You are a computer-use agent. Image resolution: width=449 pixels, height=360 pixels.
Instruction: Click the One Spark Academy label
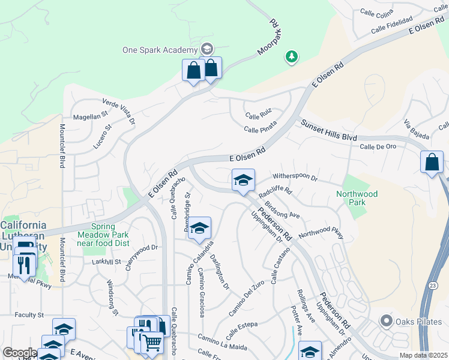tap(160, 50)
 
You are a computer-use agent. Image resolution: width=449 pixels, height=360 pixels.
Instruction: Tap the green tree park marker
tap(292, 57)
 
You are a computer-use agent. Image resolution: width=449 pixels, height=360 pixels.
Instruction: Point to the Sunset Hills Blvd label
tap(329, 130)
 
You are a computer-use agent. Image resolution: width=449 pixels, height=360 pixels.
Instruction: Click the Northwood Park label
tap(357, 198)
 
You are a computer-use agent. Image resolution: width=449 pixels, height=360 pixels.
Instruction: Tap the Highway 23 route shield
tap(433, 286)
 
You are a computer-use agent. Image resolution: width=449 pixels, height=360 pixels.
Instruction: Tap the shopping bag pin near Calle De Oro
tap(432, 162)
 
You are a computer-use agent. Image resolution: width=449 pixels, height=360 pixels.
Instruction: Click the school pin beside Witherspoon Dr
tap(243, 180)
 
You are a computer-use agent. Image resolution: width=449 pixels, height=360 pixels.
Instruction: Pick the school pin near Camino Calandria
tap(199, 228)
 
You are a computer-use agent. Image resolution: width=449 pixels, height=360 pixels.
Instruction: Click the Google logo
tap(19, 353)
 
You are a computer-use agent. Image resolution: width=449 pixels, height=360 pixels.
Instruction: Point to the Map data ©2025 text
tap(424, 355)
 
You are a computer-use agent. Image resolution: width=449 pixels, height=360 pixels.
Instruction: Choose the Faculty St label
tap(29, 315)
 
